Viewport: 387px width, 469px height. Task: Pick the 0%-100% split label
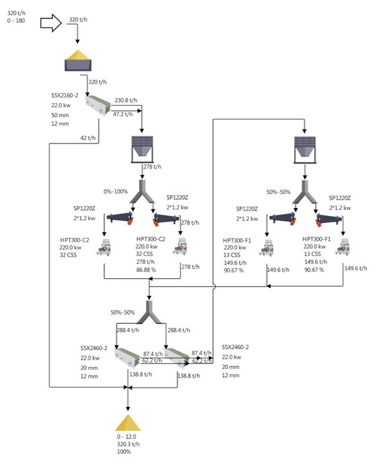point(116,191)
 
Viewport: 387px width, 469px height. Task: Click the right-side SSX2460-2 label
point(235,347)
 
